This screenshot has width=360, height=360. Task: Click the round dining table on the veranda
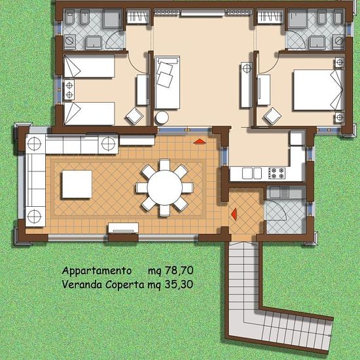pyautogui.click(x=164, y=188)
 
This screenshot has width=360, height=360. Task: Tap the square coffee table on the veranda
pyautogui.click(x=77, y=184)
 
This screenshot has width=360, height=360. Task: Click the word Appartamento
pyautogui.click(x=97, y=271)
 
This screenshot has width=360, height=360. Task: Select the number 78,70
pyautogui.click(x=179, y=270)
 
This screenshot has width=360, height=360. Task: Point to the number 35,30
pyautogui.click(x=179, y=285)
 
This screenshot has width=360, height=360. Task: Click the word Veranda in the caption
pyautogui.click(x=82, y=285)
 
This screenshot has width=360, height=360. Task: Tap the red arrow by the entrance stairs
pyautogui.click(x=234, y=214)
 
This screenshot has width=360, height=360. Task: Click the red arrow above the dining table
pyautogui.click(x=200, y=141)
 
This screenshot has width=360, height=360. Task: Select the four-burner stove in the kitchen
pyautogui.click(x=277, y=173)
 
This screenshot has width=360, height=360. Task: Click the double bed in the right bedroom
pyautogui.click(x=319, y=90)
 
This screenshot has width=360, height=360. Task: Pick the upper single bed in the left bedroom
pyautogui.click(x=89, y=66)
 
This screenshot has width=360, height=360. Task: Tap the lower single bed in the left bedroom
pyautogui.click(x=89, y=114)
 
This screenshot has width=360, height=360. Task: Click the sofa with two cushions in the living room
pyautogui.click(x=168, y=82)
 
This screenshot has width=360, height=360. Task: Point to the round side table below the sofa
pyautogui.click(x=162, y=118)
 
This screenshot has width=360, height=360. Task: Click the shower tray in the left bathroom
pyautogui.click(x=113, y=18)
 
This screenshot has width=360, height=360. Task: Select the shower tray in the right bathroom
pyautogui.click(x=298, y=18)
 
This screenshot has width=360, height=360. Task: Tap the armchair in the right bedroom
pyautogui.click(x=272, y=116)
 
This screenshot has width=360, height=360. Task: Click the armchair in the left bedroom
pyautogui.click(x=135, y=116)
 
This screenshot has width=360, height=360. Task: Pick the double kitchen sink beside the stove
pyautogui.click(x=252, y=173)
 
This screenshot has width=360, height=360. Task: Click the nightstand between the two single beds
pyautogui.click(x=69, y=90)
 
